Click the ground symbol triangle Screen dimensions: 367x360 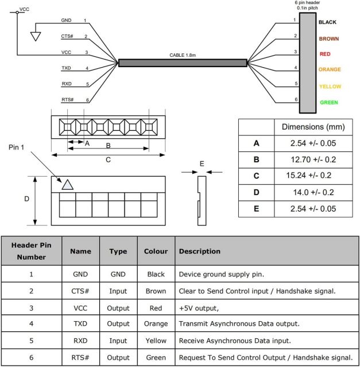[36, 37]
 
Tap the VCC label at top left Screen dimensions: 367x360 [24, 9]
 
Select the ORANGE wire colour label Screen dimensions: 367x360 [330, 70]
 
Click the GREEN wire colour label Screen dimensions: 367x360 [328, 103]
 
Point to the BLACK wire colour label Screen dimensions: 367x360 [327, 22]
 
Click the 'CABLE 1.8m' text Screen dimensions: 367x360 [182, 56]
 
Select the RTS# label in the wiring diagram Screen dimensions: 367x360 [67, 100]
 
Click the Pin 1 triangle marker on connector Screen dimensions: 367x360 [67, 184]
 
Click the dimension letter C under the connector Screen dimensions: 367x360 [108, 160]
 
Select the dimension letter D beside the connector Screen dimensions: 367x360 [26, 200]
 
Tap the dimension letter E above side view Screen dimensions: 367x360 [201, 163]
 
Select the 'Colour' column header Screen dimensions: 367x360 [156, 251]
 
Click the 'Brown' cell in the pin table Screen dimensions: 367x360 [156, 291]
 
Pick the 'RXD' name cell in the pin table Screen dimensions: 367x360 [80, 340]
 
